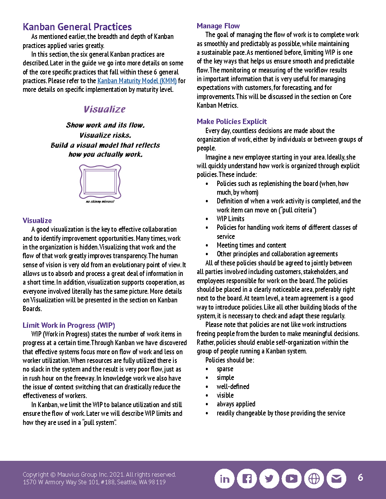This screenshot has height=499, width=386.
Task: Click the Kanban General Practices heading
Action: [x=77, y=27]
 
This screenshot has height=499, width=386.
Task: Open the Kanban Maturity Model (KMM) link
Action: [x=137, y=81]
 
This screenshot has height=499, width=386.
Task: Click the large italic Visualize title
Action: [x=104, y=109]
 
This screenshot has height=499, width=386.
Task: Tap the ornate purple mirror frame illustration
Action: [x=100, y=181]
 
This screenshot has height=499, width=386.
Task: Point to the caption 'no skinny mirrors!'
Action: [x=100, y=201]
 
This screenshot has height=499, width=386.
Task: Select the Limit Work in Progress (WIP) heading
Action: [x=68, y=325]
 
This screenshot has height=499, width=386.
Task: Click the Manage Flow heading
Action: [x=218, y=26]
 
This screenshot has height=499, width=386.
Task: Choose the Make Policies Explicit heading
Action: [x=232, y=121]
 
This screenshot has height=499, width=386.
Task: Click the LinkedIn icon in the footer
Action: [x=224, y=479]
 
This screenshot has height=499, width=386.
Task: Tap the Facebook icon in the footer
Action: [x=247, y=479]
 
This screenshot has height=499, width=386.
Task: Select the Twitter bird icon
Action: [x=269, y=479]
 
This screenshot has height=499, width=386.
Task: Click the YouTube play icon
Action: [x=291, y=479]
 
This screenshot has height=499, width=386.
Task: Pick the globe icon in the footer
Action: [x=314, y=479]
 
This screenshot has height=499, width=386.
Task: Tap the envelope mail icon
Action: [x=336, y=479]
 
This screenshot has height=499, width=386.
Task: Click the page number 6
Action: [x=360, y=477]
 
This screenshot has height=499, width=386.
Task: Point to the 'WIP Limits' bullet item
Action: [x=230, y=219]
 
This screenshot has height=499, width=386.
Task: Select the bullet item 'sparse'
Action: [x=225, y=369]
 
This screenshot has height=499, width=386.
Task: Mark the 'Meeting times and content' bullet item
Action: [x=251, y=245]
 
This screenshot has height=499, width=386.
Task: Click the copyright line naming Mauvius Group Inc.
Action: [x=99, y=474]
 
